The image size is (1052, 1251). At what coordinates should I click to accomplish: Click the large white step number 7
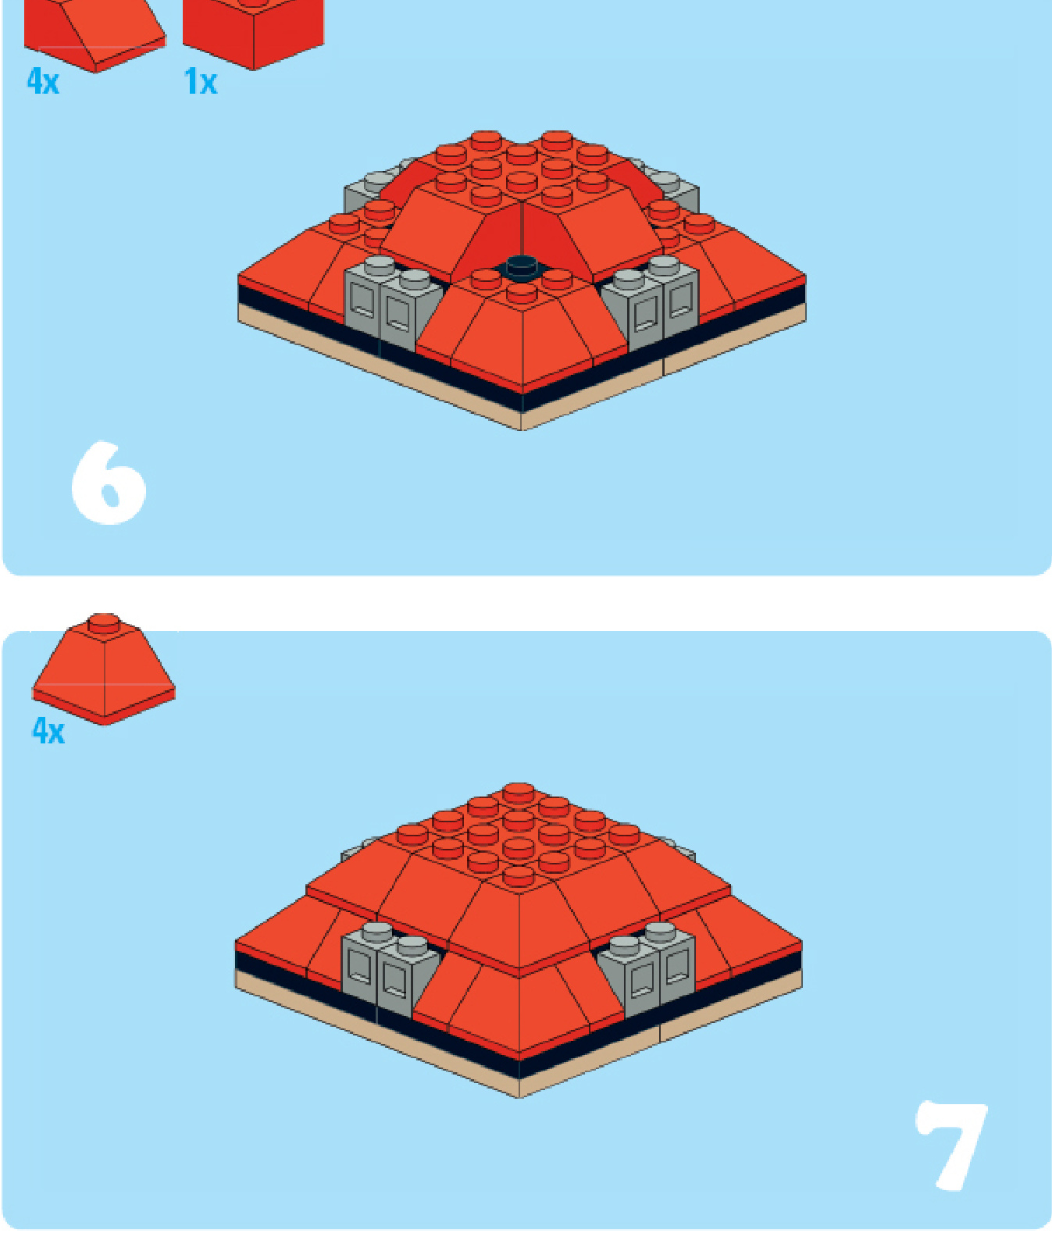coord(952,1146)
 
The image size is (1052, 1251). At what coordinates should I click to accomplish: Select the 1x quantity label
coord(200,81)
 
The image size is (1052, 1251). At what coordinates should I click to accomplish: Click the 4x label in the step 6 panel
coord(43,80)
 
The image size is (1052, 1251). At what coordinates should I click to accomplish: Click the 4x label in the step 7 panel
coord(48,731)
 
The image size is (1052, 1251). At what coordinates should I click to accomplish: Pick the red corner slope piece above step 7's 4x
coord(103,670)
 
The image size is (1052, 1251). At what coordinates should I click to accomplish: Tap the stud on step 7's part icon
coord(104,622)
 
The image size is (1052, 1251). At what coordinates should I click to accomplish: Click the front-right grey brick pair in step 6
coord(651,301)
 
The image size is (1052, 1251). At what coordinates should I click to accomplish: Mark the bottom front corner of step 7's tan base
coord(519,1097)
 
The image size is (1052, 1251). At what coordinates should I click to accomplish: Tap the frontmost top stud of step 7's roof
coord(519,876)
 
